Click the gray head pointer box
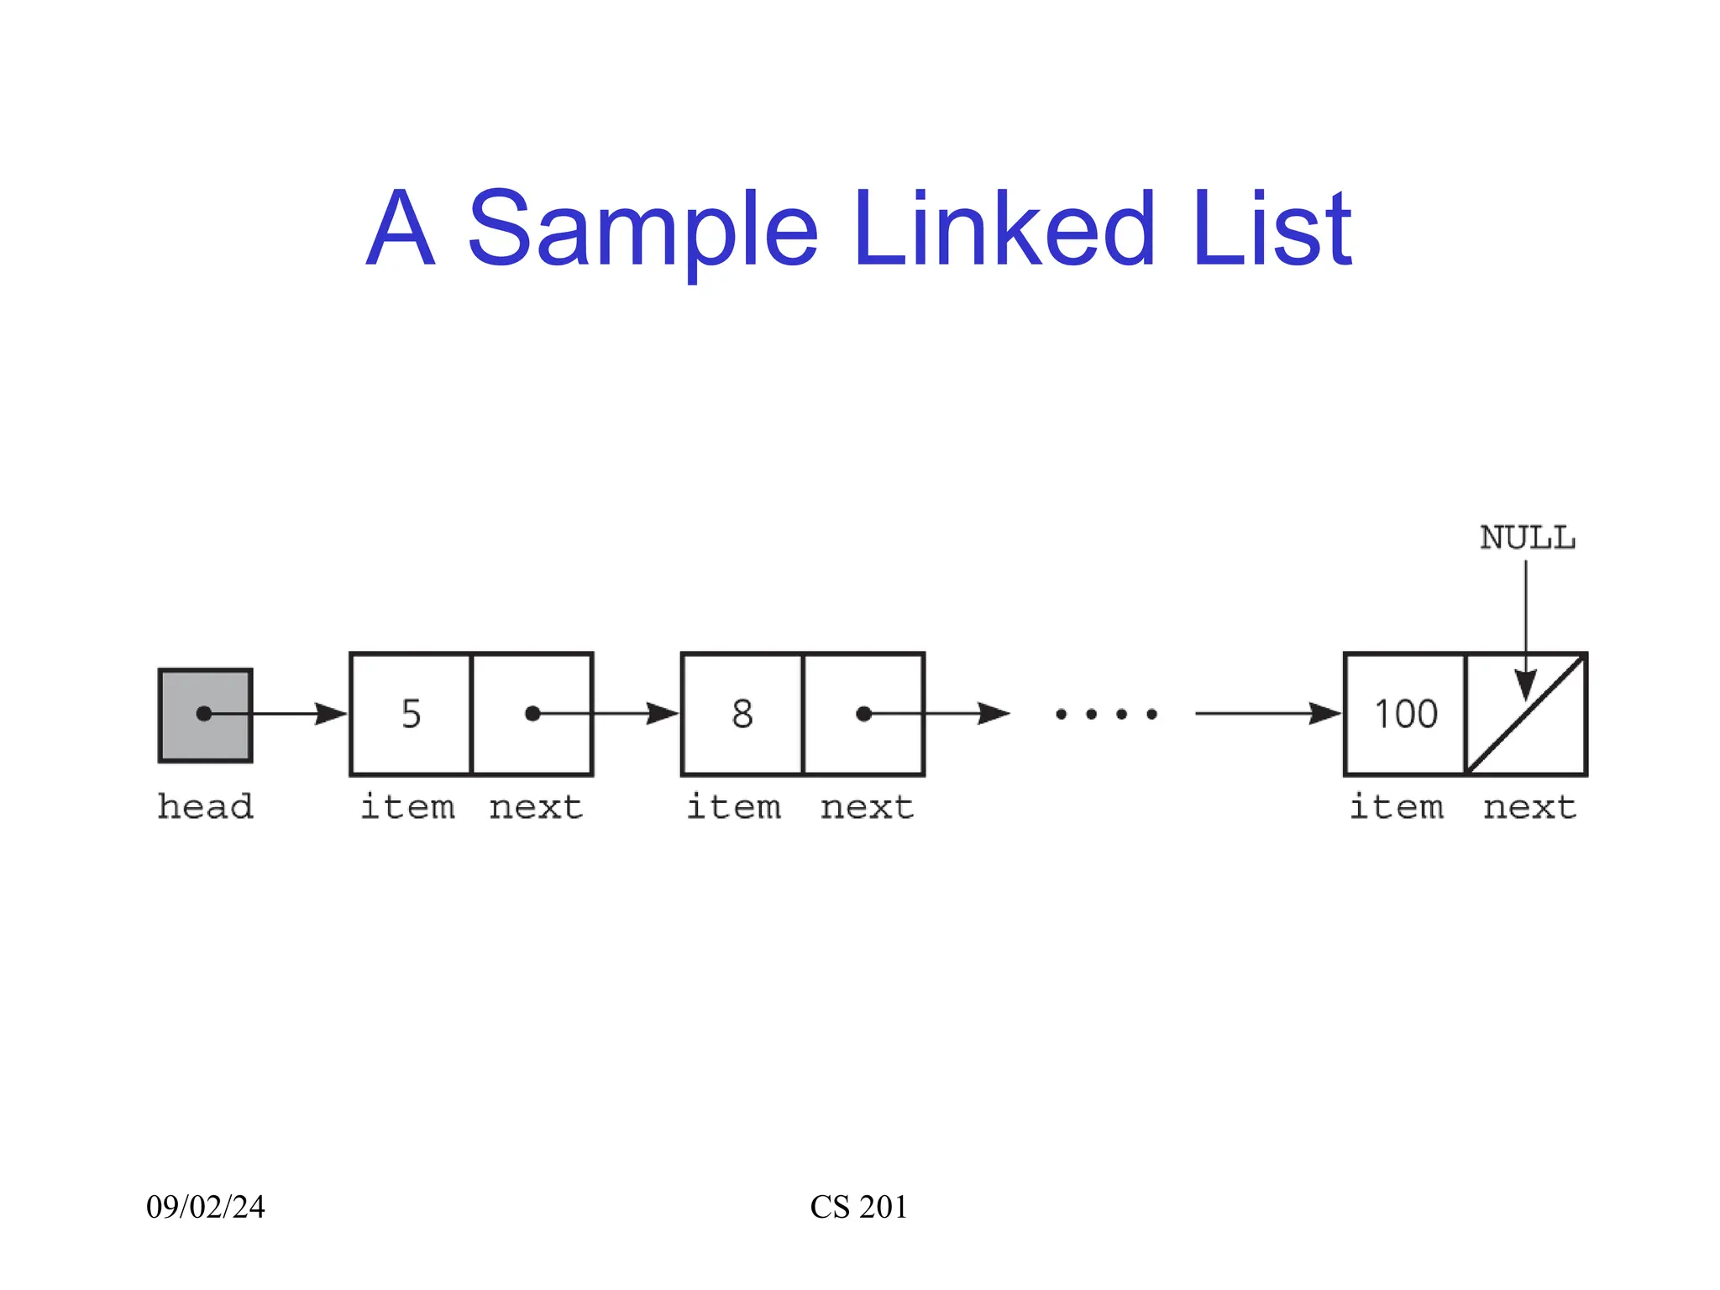point(205,716)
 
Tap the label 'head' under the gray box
point(205,807)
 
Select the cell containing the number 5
point(411,714)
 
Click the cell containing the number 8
point(742,714)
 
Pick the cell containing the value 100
point(1405,714)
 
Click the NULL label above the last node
point(1527,538)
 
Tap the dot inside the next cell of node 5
point(532,714)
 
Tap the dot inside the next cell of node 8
point(863,714)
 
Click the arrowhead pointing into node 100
point(1324,714)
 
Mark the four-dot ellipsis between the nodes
point(1106,715)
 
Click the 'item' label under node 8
point(734,807)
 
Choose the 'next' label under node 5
point(536,807)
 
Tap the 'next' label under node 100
point(1529,807)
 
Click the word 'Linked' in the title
point(1004,228)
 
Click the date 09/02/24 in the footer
point(206,1207)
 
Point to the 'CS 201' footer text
point(858,1207)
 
